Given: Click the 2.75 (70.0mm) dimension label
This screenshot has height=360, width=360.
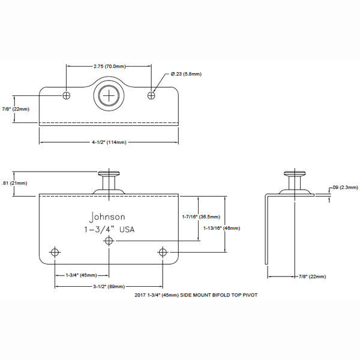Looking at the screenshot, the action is (110, 67).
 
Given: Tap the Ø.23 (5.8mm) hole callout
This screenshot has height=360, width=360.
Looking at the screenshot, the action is (186, 74).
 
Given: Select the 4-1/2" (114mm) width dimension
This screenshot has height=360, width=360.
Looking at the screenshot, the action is (109, 142).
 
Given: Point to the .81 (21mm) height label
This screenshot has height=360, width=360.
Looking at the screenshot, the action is (14, 183).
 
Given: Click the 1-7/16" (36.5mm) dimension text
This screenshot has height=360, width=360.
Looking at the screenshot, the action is (201, 217).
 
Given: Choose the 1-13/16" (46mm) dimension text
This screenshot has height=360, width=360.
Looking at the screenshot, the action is (222, 228).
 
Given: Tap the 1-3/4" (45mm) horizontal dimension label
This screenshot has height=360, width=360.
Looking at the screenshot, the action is (81, 275).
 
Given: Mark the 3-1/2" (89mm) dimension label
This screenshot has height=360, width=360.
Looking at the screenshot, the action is (109, 287).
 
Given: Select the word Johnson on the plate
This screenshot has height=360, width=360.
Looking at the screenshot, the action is (107, 217).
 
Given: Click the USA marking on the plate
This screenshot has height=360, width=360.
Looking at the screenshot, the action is (127, 229).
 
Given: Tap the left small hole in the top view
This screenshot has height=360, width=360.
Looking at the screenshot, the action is (67, 95).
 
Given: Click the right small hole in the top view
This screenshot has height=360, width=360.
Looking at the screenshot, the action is (151, 95).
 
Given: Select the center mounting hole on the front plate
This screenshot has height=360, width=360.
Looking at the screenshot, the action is (109, 241).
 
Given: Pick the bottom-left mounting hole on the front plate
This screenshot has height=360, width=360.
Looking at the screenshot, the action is (55, 253).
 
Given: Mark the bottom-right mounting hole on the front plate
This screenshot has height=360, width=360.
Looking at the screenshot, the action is (163, 253).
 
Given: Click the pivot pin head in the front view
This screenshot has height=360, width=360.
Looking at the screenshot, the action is (109, 173).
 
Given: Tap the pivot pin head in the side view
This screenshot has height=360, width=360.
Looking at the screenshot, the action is (295, 173).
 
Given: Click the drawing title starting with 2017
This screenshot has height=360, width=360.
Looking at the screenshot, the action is (196, 295).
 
